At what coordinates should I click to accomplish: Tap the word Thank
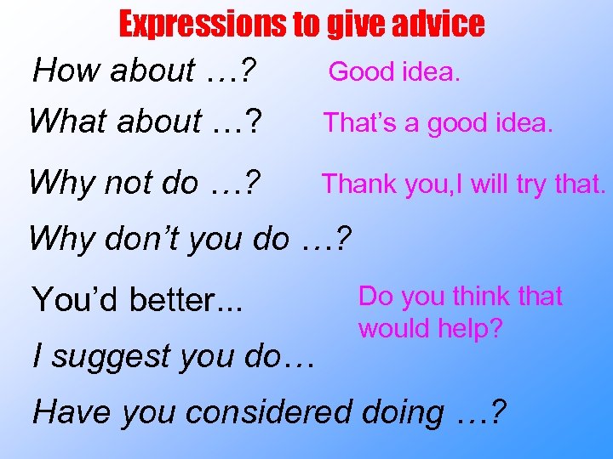pyautogui.click(x=358, y=183)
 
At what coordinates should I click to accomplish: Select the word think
pyautogui.click(x=484, y=296)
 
